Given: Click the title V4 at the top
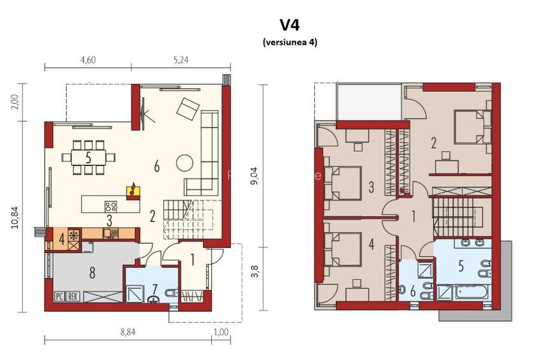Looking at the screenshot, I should [289, 24].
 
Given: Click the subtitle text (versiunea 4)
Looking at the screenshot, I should [289, 42].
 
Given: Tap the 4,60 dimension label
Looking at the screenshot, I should [87, 60].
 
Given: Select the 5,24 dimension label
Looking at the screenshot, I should [180, 60].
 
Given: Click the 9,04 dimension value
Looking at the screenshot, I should [254, 173].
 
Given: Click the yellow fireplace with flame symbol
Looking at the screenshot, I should [133, 189].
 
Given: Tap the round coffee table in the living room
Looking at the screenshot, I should [185, 162].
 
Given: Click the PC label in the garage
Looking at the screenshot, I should [59, 296].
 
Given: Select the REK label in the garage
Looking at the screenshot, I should [72, 296].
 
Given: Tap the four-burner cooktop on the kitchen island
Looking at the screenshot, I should [111, 206].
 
